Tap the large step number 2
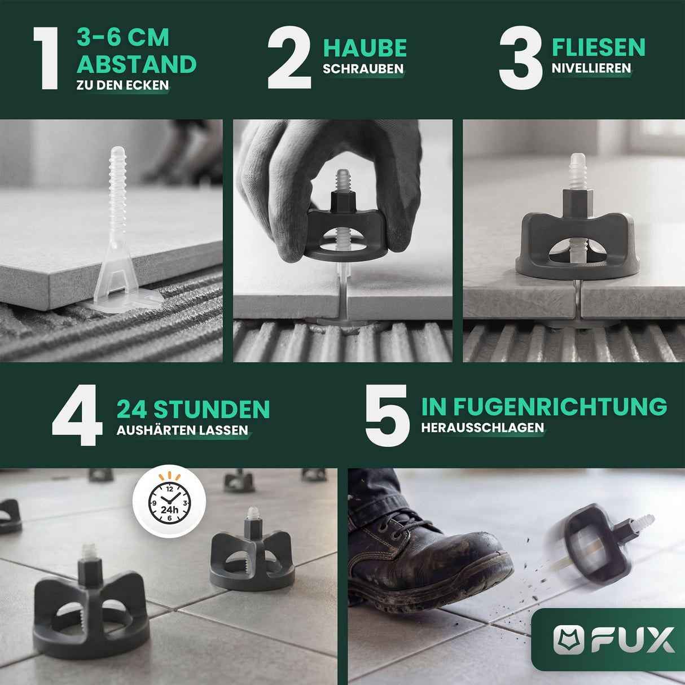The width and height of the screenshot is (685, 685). point(289,57)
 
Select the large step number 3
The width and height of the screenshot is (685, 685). point(521,57)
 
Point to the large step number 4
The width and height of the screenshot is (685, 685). point(77,415)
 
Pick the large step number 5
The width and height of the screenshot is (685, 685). point(387,415)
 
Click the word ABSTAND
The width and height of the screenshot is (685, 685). point(137,64)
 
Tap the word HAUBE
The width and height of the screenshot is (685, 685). point(365,48)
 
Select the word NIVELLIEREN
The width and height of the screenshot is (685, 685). point(591,68)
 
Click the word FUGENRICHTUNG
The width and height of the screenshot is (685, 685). point(560,406)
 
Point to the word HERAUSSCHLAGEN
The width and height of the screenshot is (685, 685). point(482,428)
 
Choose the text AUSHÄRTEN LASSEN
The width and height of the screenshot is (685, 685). point(182,430)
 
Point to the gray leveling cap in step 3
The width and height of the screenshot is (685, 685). point(577,238)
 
